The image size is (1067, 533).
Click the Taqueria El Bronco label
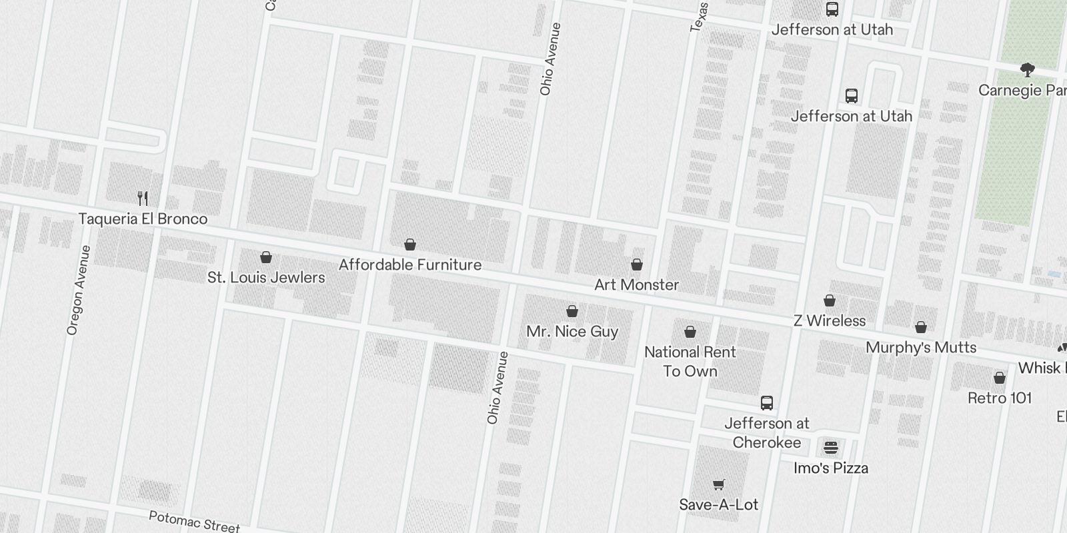pyautogui.click(x=143, y=219)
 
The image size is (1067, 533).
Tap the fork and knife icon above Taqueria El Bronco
pyautogui.click(x=142, y=198)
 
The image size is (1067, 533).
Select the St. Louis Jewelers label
pyautogui.click(x=266, y=278)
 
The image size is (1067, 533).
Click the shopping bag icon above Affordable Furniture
pyautogui.click(x=410, y=245)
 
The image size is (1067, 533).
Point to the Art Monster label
pyautogui.click(x=636, y=285)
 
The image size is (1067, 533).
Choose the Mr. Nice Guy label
pyautogui.click(x=572, y=332)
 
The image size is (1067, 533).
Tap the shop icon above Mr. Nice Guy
pyautogui.click(x=572, y=311)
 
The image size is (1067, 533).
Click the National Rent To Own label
pyautogui.click(x=690, y=362)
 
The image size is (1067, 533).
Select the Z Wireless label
pyautogui.click(x=830, y=321)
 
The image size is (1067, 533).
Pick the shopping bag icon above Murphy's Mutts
pyautogui.click(x=921, y=327)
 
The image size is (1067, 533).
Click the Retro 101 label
pyautogui.click(x=999, y=398)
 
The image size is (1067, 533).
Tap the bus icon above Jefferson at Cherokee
pyautogui.click(x=767, y=403)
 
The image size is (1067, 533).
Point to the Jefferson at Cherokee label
pyautogui.click(x=767, y=433)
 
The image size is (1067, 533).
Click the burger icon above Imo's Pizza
pyautogui.click(x=831, y=447)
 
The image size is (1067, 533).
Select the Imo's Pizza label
pyautogui.click(x=831, y=468)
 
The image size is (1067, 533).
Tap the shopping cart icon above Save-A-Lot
pyautogui.click(x=718, y=484)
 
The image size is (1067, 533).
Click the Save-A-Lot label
pyautogui.click(x=718, y=505)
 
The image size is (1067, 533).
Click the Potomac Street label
pyautogui.click(x=193, y=521)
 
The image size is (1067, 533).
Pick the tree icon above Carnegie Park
pyautogui.click(x=1027, y=69)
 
